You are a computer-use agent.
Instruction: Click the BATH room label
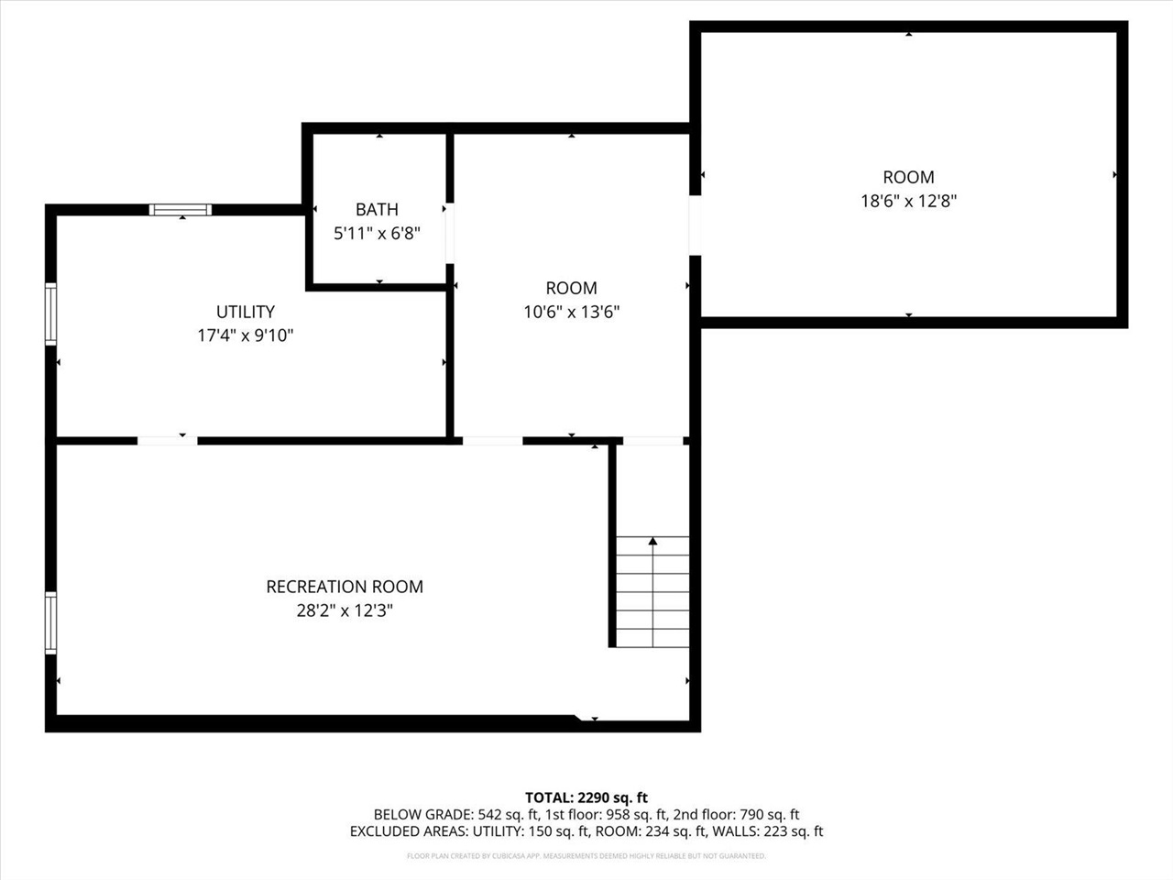[377, 210]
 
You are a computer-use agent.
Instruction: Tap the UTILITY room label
[246, 313]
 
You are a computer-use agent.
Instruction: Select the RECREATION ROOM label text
[345, 587]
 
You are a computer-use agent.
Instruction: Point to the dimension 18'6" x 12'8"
[908, 202]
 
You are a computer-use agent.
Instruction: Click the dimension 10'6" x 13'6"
[571, 313]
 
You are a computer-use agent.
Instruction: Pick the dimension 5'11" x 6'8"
[377, 234]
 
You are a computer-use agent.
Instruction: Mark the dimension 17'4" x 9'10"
[246, 336]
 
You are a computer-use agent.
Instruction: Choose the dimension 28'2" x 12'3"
[345, 610]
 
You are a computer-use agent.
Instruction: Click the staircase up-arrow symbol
[652, 543]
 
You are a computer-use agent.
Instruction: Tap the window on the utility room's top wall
[181, 210]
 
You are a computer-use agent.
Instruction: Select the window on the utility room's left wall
[51, 313]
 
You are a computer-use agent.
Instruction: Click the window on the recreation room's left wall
[51, 622]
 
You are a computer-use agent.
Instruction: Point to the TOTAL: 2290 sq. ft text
[586, 797]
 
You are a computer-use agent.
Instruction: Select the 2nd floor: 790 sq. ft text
[736, 814]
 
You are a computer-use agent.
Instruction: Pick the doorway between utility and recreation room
[167, 441]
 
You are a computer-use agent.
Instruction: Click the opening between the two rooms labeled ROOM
[695, 225]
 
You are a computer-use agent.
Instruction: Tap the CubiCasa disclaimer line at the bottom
[586, 856]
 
